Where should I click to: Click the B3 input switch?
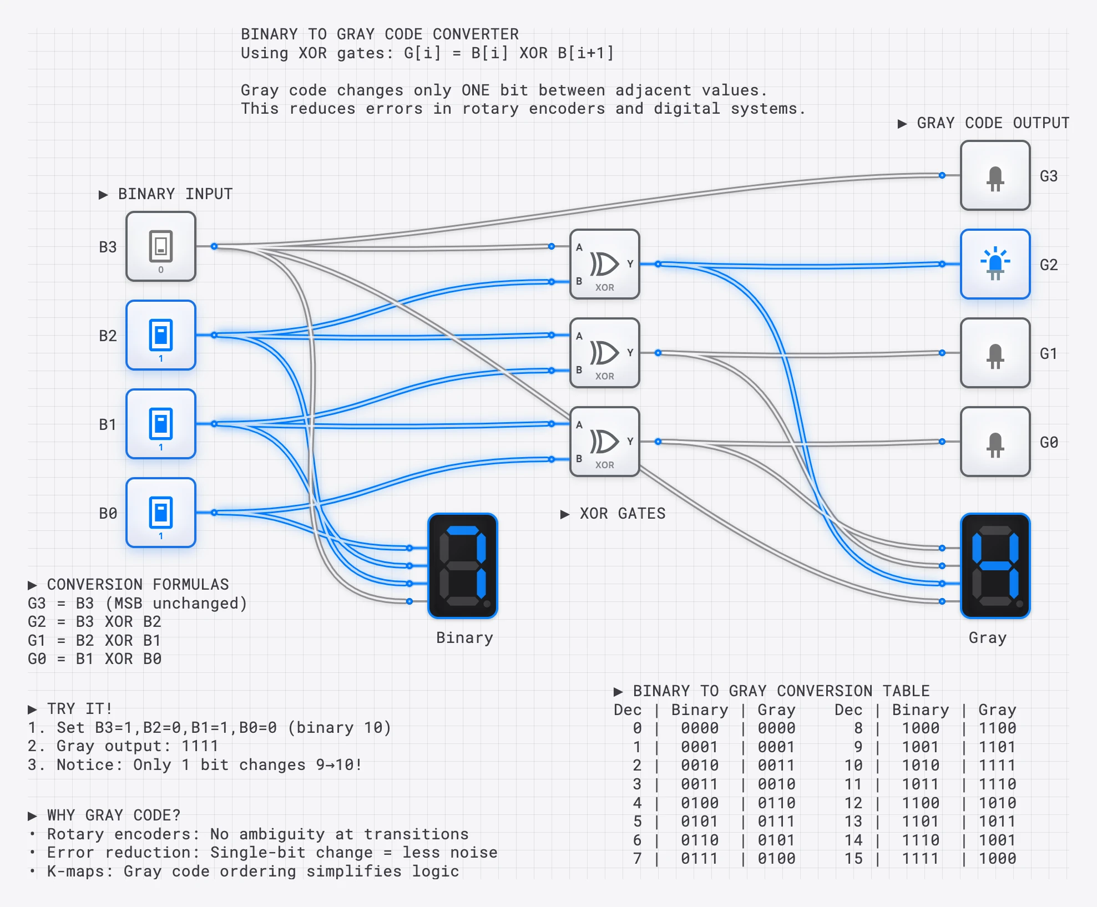click(161, 246)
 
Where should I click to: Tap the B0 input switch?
click(161, 513)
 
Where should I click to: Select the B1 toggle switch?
click(161, 424)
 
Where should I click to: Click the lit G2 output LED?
click(995, 264)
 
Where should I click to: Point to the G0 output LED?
click(995, 442)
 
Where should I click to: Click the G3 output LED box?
click(995, 175)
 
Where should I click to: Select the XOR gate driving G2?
click(604, 264)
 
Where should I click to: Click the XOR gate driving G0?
click(604, 442)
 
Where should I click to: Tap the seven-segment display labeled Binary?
click(462, 566)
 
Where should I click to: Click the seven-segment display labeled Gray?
click(995, 566)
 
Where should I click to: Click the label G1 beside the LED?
click(1048, 353)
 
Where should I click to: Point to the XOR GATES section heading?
click(622, 514)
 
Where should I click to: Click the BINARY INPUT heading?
click(175, 194)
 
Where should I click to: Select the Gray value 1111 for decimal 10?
click(997, 766)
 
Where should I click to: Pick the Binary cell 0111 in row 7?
click(699, 859)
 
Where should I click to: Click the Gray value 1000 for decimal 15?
click(997, 859)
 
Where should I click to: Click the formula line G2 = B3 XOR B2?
click(94, 622)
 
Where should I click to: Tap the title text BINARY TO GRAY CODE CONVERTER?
click(380, 34)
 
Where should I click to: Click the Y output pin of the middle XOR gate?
click(658, 353)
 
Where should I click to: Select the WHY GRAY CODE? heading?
click(113, 815)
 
